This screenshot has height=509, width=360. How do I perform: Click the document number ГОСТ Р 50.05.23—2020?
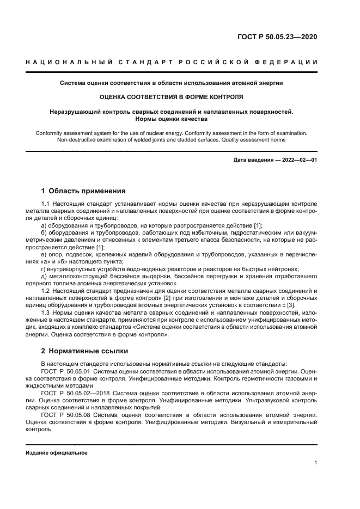point(277,38)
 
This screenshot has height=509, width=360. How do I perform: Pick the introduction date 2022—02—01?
point(297,160)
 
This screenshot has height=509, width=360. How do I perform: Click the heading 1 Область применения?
point(83,191)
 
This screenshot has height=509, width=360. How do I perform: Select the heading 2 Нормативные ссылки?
point(84,351)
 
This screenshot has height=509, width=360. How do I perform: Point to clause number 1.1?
point(46,204)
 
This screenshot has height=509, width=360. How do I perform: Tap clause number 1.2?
point(46,291)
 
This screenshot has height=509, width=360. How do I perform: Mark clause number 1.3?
point(46,314)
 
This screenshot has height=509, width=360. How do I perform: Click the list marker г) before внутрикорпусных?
point(44,269)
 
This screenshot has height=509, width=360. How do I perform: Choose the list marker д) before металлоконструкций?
point(44,277)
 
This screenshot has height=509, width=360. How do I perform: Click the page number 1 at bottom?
point(316,463)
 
